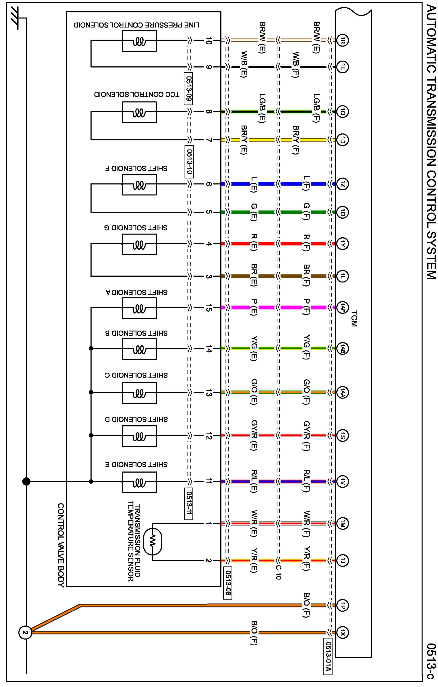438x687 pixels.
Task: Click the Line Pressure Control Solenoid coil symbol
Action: (x=139, y=41)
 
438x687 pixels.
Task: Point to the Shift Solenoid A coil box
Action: (x=139, y=308)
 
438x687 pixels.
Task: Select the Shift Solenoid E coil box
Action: (x=139, y=482)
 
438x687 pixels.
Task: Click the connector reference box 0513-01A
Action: (x=328, y=656)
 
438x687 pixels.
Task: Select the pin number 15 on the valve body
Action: (x=209, y=308)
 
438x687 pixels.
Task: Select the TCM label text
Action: (x=354, y=318)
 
